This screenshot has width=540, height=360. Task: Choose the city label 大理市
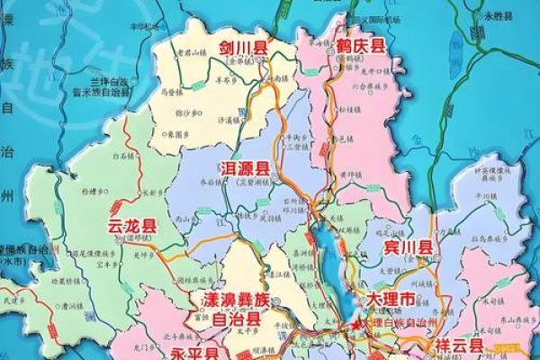392,298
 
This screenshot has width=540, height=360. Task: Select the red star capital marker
360,322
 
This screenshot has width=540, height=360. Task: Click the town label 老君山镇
194,52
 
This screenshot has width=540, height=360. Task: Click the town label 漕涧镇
73,305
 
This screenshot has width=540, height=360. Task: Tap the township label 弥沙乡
190,112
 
